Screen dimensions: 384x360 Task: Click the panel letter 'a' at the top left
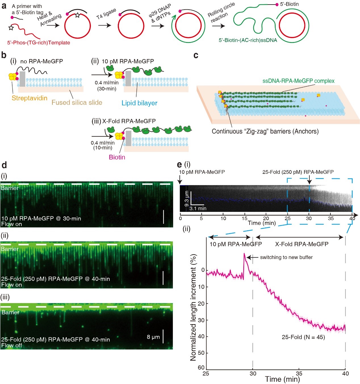4,5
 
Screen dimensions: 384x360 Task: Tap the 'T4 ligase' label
106,14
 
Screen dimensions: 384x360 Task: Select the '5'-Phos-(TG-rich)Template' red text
39,43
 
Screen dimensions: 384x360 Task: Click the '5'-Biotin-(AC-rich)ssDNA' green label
248,40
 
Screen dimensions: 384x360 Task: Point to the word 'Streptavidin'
30,98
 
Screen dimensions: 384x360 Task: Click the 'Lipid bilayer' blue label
139,103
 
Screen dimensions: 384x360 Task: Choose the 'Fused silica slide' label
77,103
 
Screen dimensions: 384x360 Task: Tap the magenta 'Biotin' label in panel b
117,157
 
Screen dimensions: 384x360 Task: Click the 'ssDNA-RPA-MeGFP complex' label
298,81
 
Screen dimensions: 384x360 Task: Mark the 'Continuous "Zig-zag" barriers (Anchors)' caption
265,131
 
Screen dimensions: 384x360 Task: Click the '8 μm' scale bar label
153,337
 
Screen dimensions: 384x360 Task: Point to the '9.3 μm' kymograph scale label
187,199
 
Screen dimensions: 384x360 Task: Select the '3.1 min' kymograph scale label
198,208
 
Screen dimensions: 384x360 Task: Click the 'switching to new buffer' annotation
286,257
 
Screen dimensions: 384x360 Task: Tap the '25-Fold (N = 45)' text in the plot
303,337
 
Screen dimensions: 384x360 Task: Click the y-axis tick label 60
201,368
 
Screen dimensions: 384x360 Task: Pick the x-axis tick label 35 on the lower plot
299,373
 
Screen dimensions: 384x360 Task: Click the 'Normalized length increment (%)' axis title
193,308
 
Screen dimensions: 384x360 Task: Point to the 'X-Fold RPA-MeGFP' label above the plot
302,244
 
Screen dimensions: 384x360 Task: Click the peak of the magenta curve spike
244,253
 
